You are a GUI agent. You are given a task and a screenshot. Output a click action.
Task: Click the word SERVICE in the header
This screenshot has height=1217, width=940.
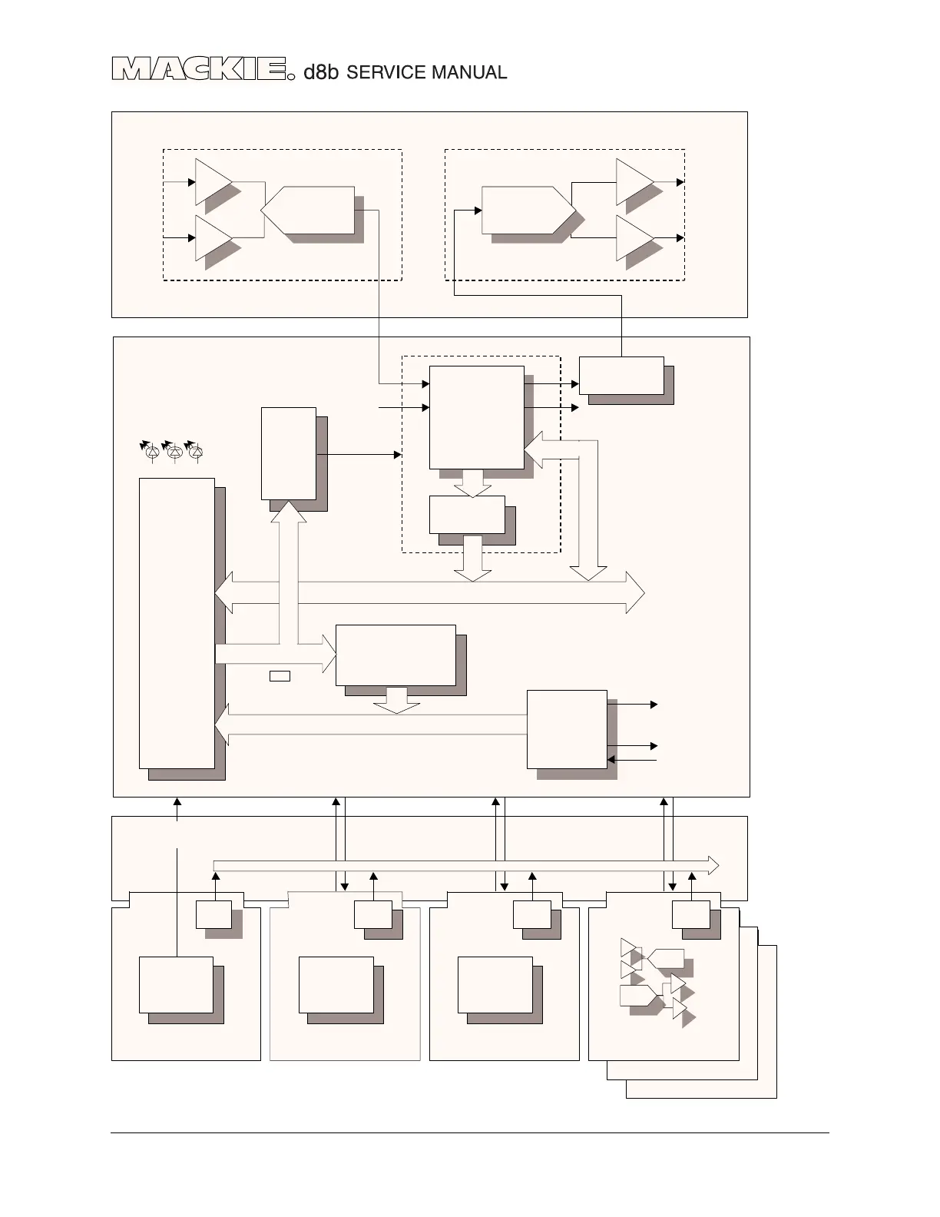point(386,73)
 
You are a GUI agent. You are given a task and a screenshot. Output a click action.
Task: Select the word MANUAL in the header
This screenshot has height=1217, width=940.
point(468,73)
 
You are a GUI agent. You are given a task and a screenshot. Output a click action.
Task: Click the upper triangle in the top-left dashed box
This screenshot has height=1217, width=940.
point(211,182)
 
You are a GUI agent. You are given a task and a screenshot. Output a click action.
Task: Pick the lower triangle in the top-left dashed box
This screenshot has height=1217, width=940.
point(211,238)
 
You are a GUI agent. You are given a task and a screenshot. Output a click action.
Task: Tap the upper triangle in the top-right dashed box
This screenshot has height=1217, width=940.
point(632,182)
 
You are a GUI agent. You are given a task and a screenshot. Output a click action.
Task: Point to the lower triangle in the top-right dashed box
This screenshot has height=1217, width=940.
point(632,238)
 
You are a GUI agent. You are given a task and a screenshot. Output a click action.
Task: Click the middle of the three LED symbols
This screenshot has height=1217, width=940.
point(174,453)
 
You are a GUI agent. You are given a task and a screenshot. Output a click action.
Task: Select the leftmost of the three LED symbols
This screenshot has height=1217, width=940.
point(152,453)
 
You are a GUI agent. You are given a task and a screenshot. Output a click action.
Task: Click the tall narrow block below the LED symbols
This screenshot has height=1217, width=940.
point(177,622)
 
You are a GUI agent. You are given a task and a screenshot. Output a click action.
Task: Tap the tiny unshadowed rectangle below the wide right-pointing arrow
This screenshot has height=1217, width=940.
point(280,676)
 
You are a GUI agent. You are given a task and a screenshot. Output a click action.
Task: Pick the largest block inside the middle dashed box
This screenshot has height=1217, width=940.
point(476,417)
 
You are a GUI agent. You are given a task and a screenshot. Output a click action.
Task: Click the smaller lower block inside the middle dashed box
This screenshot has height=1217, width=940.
point(467,515)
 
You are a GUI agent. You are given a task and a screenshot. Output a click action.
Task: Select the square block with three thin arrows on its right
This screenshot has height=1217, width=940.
point(567,729)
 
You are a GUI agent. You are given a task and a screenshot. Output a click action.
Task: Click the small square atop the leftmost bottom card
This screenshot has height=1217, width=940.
point(213,914)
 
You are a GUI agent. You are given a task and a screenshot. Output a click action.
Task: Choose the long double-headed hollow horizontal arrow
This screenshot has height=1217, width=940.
point(430,592)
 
